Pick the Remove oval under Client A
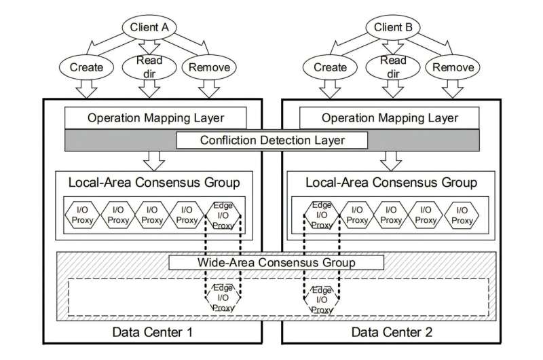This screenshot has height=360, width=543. point(208,67)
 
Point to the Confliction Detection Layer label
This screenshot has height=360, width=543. point(271,141)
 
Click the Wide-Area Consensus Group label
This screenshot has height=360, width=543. point(277,262)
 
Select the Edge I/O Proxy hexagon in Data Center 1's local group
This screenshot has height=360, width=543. point(223,215)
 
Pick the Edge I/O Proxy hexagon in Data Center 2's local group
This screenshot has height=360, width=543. point(320,215)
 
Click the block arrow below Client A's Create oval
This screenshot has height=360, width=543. point(86,88)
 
